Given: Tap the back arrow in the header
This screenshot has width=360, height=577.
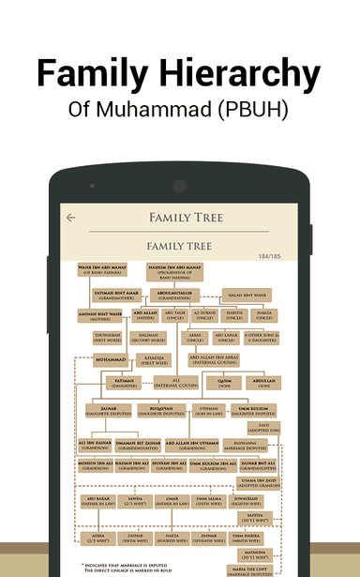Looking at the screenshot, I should [x=70, y=218].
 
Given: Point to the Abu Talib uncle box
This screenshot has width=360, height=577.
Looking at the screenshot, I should [x=174, y=316].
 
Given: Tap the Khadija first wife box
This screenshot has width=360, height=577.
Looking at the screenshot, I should [x=153, y=359].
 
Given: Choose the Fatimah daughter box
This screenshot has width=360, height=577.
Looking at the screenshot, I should [x=125, y=383].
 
